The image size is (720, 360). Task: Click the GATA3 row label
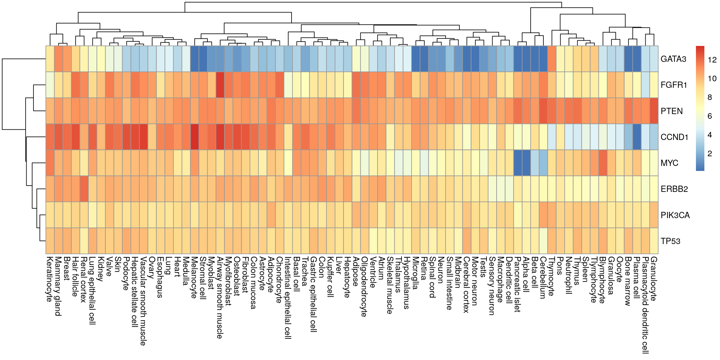click(x=673, y=59)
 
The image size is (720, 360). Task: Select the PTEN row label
click(x=672, y=111)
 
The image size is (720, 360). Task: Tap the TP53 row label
click(x=670, y=241)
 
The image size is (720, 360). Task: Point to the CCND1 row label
click(x=674, y=137)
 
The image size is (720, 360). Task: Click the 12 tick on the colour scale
click(x=712, y=60)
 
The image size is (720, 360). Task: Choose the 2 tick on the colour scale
click(x=710, y=153)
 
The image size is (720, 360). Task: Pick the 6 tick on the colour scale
click(x=710, y=116)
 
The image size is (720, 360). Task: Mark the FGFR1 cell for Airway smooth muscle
click(x=220, y=85)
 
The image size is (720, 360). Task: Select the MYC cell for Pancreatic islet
click(x=517, y=163)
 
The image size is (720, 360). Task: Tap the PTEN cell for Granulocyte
click(x=654, y=111)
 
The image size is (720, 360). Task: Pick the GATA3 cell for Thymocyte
click(x=552, y=59)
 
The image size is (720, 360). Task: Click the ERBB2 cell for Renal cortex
click(x=84, y=189)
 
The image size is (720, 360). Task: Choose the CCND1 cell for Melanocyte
click(x=194, y=137)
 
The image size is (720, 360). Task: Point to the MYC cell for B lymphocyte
click(x=602, y=163)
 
